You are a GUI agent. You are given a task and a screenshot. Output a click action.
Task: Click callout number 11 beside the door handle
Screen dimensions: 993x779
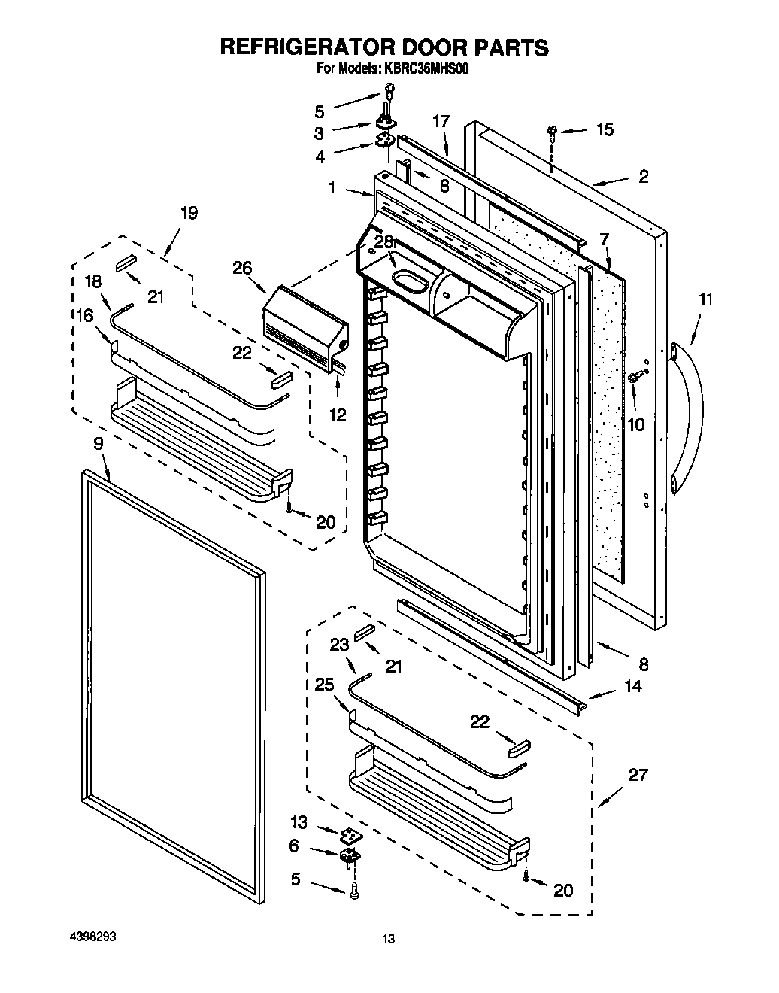click(x=705, y=299)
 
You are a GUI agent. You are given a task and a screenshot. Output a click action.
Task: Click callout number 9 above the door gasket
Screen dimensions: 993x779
click(x=99, y=443)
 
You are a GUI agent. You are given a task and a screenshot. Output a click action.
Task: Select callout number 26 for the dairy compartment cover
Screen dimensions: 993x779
click(x=242, y=267)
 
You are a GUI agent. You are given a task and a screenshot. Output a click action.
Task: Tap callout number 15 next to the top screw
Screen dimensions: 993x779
click(x=605, y=129)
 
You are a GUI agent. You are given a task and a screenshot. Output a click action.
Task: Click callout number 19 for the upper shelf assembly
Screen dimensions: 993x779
click(x=189, y=213)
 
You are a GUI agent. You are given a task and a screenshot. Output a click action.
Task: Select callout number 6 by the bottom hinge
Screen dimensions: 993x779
click(x=294, y=846)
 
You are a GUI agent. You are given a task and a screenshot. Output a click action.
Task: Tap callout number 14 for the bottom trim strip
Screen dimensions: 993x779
click(x=633, y=686)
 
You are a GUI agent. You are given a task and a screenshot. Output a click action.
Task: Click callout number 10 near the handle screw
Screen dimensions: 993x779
click(x=635, y=424)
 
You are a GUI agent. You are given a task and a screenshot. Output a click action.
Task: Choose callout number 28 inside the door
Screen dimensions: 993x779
click(x=384, y=241)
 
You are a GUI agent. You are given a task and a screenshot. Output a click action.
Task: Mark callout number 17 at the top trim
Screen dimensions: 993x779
click(x=441, y=120)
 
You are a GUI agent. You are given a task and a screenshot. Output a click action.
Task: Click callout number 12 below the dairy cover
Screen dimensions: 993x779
click(x=338, y=414)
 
